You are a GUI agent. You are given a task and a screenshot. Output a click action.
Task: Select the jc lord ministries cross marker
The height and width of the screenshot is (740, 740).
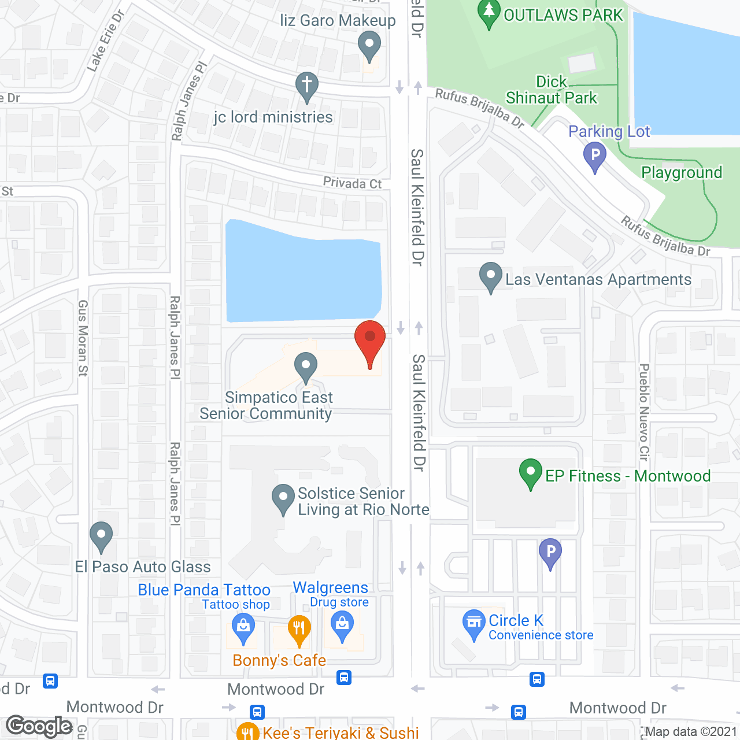click(x=307, y=86)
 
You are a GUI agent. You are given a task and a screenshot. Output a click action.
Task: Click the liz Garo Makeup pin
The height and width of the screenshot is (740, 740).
click(x=369, y=45)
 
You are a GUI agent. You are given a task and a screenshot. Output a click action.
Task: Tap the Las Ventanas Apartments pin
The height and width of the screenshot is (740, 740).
click(x=491, y=276)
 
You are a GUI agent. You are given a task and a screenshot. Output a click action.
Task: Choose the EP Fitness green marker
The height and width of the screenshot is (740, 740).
click(x=531, y=472)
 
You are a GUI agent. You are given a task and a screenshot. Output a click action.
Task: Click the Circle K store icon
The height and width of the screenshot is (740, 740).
click(x=474, y=623)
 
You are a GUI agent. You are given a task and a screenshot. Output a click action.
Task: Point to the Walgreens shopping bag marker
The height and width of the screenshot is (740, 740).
click(x=342, y=626)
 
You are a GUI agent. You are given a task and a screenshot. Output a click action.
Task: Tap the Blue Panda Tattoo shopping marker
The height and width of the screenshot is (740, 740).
click(x=243, y=627)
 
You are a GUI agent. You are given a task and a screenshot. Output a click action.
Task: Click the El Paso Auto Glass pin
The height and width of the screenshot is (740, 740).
click(x=101, y=535)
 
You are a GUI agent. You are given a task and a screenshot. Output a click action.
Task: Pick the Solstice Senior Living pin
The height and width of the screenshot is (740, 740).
click(x=283, y=498)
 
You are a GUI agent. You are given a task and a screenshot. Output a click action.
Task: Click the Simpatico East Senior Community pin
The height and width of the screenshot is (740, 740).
click(x=306, y=366)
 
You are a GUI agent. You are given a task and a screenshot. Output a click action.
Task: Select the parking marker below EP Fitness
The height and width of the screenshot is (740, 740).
click(x=550, y=552)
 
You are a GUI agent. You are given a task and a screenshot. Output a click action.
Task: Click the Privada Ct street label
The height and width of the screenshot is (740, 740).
click(x=352, y=183)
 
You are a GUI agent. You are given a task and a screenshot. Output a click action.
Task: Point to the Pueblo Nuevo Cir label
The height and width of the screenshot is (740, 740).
click(x=644, y=412)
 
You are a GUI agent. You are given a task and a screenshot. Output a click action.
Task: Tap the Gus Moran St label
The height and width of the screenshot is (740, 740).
click(x=83, y=338)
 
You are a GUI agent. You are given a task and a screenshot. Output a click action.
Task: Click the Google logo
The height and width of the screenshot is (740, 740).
click(x=39, y=726)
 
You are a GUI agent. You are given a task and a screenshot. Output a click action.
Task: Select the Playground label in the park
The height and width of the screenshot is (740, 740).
click(x=682, y=172)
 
